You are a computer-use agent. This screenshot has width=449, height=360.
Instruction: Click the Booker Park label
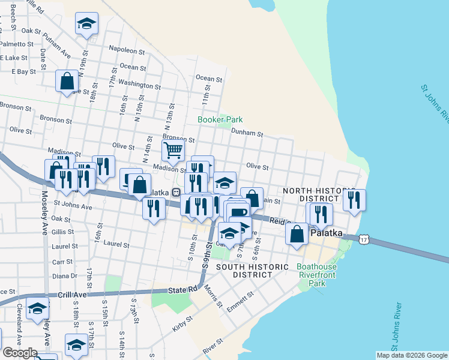pos(220,119)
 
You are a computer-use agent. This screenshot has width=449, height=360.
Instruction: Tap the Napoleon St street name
pos(127,52)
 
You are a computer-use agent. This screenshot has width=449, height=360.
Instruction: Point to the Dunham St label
pos(247,134)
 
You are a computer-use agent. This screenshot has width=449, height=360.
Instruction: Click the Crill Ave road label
pos(73,295)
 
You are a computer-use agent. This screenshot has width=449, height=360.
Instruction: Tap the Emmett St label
pos(241,303)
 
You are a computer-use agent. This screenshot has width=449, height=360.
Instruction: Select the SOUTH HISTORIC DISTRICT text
pos(244,271)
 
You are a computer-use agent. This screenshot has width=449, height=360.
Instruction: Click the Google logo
pos(20,353)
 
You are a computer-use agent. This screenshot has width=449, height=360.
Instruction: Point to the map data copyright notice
pos(412,355)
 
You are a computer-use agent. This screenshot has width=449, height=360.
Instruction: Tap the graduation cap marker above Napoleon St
pos(86,24)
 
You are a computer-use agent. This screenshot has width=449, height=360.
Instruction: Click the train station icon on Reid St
pos(176,192)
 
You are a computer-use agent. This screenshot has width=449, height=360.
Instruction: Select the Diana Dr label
pos(65,276)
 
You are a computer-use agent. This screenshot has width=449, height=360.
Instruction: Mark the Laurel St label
pos(116,245)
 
